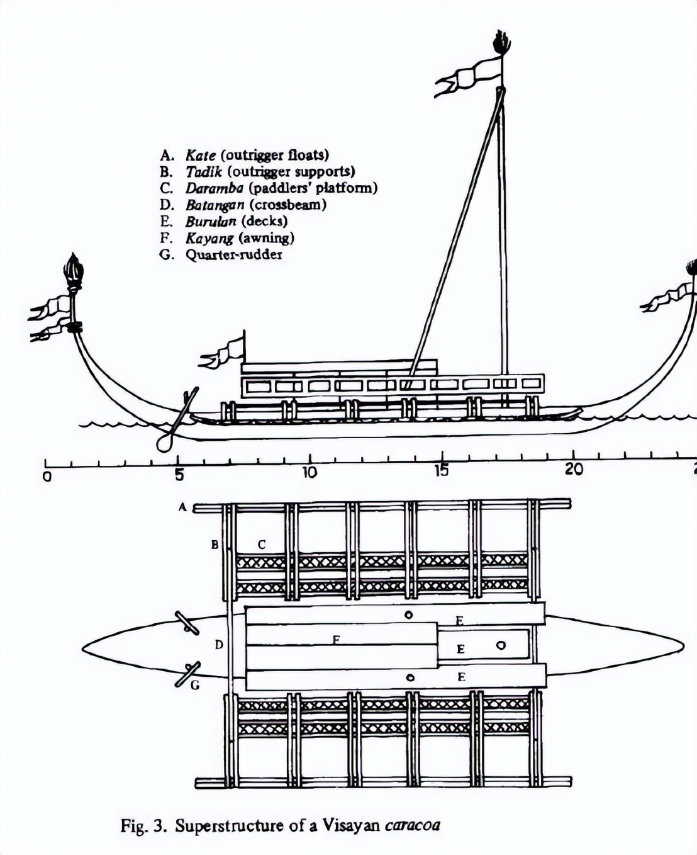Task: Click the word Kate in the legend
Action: click(x=200, y=155)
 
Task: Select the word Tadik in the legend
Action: click(x=203, y=171)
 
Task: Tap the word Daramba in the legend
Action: click(x=214, y=188)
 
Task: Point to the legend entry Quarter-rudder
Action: click(x=233, y=254)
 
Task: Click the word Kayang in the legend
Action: click(x=209, y=238)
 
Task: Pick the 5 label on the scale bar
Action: click(x=179, y=474)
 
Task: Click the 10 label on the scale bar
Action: click(x=309, y=473)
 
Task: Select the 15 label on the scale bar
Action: click(x=442, y=471)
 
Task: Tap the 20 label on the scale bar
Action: click(x=574, y=470)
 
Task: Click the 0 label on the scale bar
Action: click(x=47, y=477)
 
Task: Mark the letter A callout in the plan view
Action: click(x=182, y=507)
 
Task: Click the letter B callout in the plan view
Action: click(x=215, y=545)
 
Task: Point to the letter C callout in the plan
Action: click(x=262, y=545)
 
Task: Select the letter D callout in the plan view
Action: click(x=218, y=645)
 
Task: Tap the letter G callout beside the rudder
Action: click(x=195, y=685)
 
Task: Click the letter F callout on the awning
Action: click(x=337, y=640)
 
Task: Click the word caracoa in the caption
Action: click(x=412, y=825)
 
